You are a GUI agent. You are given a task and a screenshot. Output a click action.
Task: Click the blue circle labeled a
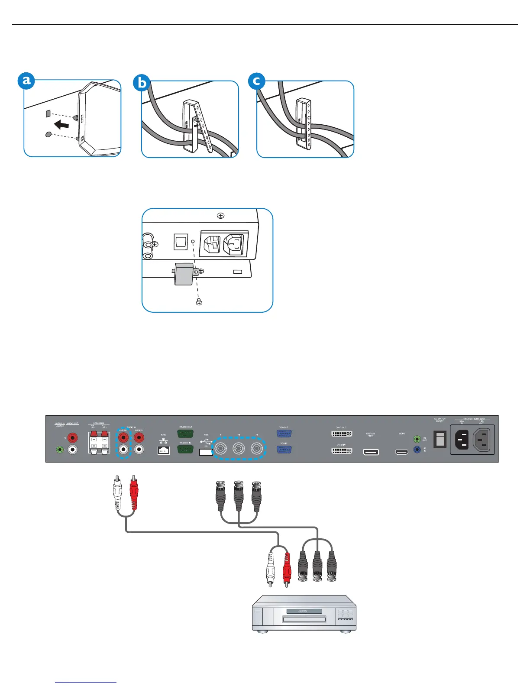[26, 81]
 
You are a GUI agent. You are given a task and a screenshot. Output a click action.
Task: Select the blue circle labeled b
[142, 82]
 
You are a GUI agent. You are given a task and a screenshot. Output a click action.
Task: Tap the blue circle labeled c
[257, 81]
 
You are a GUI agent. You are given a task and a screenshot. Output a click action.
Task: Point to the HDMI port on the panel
[402, 452]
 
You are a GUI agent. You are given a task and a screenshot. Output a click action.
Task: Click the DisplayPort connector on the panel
[371, 452]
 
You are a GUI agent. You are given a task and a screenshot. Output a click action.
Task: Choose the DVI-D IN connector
[341, 451]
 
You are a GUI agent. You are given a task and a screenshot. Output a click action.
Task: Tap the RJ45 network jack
[163, 450]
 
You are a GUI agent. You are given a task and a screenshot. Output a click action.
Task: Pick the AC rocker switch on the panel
[440, 439]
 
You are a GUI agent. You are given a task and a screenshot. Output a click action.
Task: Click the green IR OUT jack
[417, 439]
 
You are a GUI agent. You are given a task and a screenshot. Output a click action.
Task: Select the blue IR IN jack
[417, 450]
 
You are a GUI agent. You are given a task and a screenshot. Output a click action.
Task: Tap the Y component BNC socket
[221, 449]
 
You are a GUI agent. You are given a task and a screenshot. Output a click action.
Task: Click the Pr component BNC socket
[257, 449]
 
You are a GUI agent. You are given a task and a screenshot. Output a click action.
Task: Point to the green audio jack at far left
[60, 450]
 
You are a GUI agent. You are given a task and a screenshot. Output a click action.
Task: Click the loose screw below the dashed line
[199, 302]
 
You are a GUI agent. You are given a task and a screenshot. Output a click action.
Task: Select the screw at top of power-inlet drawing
[220, 215]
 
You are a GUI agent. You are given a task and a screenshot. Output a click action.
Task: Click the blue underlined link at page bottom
[86, 682]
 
